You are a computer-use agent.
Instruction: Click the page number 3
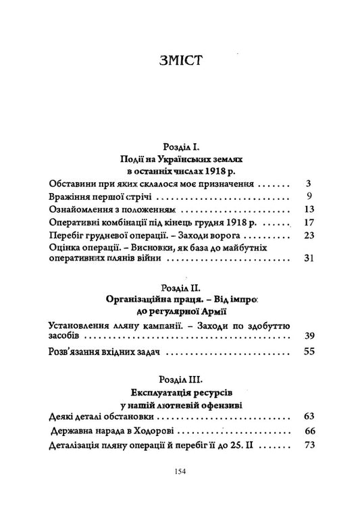(x=307, y=184)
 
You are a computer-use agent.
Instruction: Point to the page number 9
(x=307, y=197)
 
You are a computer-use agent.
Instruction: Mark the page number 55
(x=305, y=351)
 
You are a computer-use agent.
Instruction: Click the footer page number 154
(x=180, y=470)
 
